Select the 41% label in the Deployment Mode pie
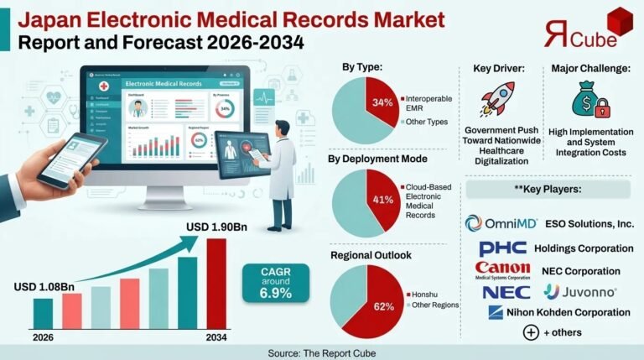pos(382,199)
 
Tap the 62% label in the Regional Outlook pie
pos(384,305)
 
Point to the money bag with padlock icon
pos(587,102)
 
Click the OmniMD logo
pos(500,223)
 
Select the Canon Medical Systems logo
pos(503,270)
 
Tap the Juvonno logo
pos(580,292)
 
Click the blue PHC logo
pos(502,248)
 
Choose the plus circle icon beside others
pos(531,332)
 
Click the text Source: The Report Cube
pos(322,352)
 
